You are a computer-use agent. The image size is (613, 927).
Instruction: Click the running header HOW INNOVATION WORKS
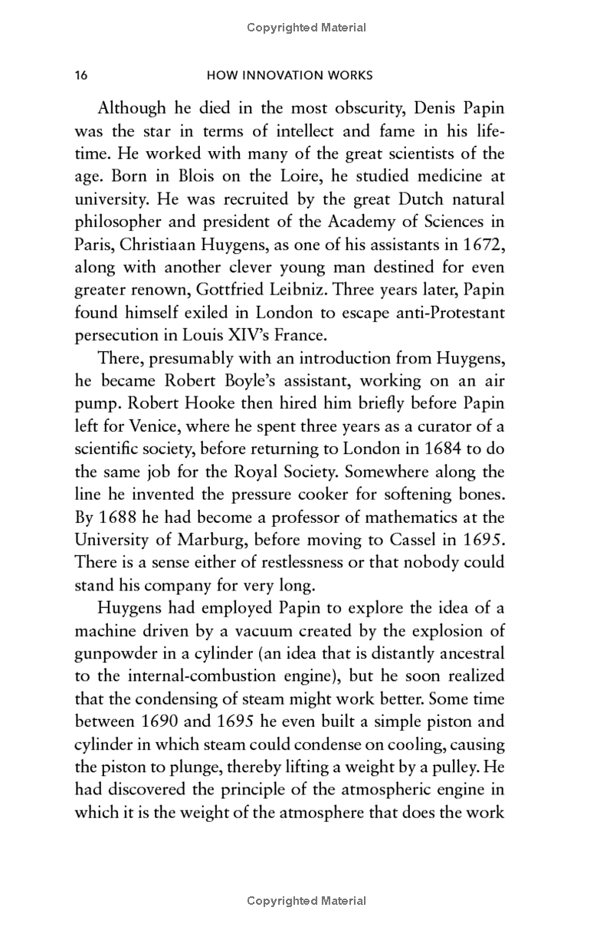coord(290,75)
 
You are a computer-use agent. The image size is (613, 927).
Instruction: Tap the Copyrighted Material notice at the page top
coord(306,28)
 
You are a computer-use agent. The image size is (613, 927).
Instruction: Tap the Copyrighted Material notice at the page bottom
coord(306,901)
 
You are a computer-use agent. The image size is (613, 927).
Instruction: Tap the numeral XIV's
coord(217,337)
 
